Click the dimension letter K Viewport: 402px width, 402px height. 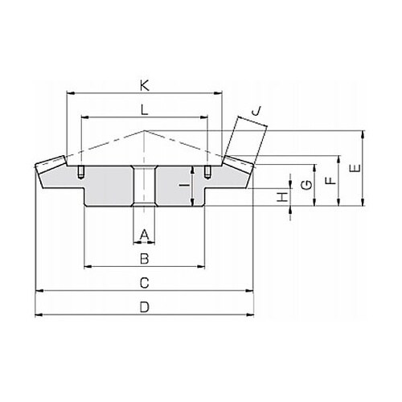coord(145,86)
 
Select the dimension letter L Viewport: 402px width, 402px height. coord(145,110)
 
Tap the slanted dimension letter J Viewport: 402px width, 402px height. coord(256,110)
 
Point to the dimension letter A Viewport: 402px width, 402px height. coord(145,235)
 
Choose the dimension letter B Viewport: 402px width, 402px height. coord(145,259)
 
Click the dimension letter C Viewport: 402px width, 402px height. coord(145,283)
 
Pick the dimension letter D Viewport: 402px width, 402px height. coord(145,307)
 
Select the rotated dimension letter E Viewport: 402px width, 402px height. coord(355,168)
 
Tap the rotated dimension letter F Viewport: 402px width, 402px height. coord(331,181)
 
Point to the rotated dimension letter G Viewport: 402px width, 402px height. coord(307,185)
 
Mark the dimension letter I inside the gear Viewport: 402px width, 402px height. coord(184,185)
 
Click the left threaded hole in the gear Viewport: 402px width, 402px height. coord(81,172)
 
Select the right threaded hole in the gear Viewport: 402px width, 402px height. coord(207,172)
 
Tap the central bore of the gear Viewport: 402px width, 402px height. coord(145,187)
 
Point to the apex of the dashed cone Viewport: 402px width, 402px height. coord(145,130)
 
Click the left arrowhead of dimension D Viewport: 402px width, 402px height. coord(39,314)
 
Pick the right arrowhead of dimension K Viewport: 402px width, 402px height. coord(219,93)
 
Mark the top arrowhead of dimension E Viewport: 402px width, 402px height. coord(363,134)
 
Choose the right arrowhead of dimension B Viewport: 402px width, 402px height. coord(201,266)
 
